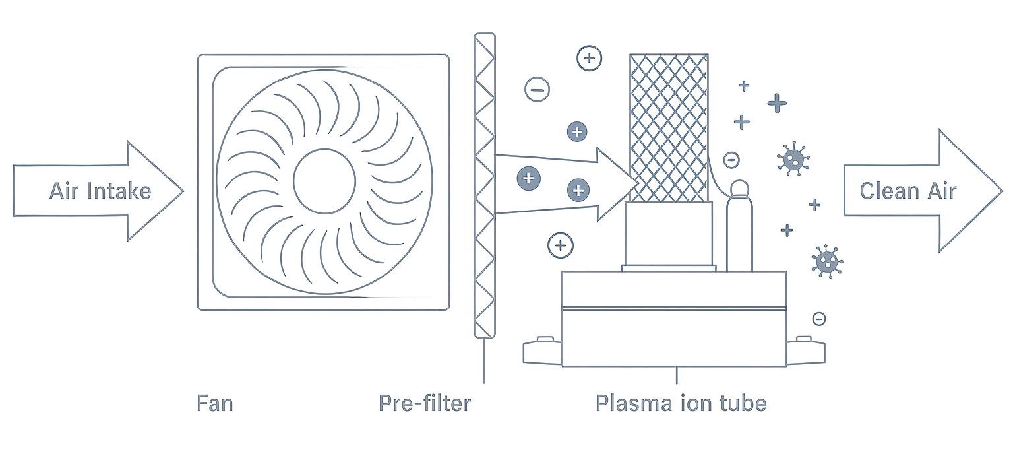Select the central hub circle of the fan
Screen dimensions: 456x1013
pos(324,181)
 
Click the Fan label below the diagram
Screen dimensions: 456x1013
pos(215,403)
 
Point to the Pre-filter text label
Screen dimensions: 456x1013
pos(425,403)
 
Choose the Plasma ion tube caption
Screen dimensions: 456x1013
pos(681,403)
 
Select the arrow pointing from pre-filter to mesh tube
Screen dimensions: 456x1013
pos(561,184)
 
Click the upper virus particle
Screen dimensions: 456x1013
pos(793,158)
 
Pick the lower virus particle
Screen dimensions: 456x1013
pos(826,261)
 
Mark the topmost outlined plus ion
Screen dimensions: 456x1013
pos(589,58)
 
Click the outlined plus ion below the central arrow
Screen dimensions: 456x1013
pos(561,246)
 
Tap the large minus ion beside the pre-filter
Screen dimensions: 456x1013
pos(537,89)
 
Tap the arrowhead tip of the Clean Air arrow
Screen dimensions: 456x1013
pos(1000,191)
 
